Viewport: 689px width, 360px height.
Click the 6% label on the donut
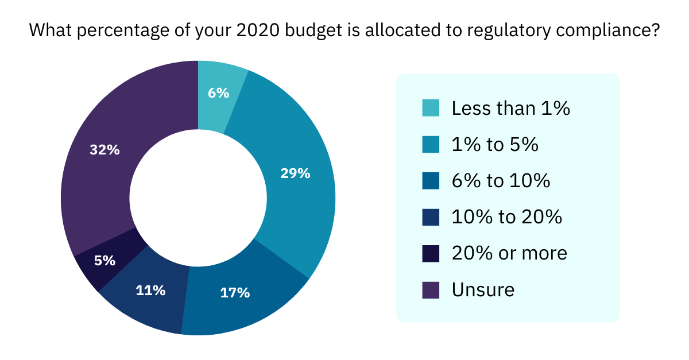(x=219, y=92)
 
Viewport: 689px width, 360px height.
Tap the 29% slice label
(x=295, y=173)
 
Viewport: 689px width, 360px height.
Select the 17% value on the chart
(x=235, y=292)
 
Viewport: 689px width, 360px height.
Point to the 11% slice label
(x=151, y=291)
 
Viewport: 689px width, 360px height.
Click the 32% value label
(x=105, y=150)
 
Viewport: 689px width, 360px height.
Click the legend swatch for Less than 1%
(x=431, y=109)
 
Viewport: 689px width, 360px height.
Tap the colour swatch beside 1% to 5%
(x=431, y=145)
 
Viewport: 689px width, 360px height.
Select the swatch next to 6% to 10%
(x=431, y=181)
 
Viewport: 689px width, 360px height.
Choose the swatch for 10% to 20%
(x=431, y=217)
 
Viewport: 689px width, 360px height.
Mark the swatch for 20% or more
(x=431, y=253)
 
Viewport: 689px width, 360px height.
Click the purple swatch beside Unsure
(x=431, y=289)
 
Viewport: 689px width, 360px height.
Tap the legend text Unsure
(x=483, y=289)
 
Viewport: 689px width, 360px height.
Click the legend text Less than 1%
(x=510, y=109)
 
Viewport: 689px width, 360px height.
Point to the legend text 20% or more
(x=509, y=253)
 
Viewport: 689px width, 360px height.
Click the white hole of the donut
(x=198, y=198)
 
